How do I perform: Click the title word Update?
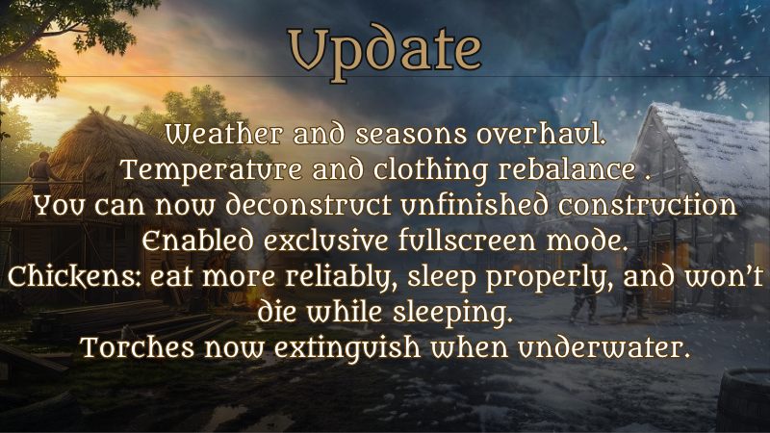pos(384,52)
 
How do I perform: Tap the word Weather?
pos(224,134)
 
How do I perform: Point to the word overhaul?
pos(542,134)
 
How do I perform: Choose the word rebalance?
pos(567,170)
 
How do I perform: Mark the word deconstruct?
pos(309,205)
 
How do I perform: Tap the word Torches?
pos(138,348)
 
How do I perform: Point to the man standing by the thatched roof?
pos(43,173)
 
